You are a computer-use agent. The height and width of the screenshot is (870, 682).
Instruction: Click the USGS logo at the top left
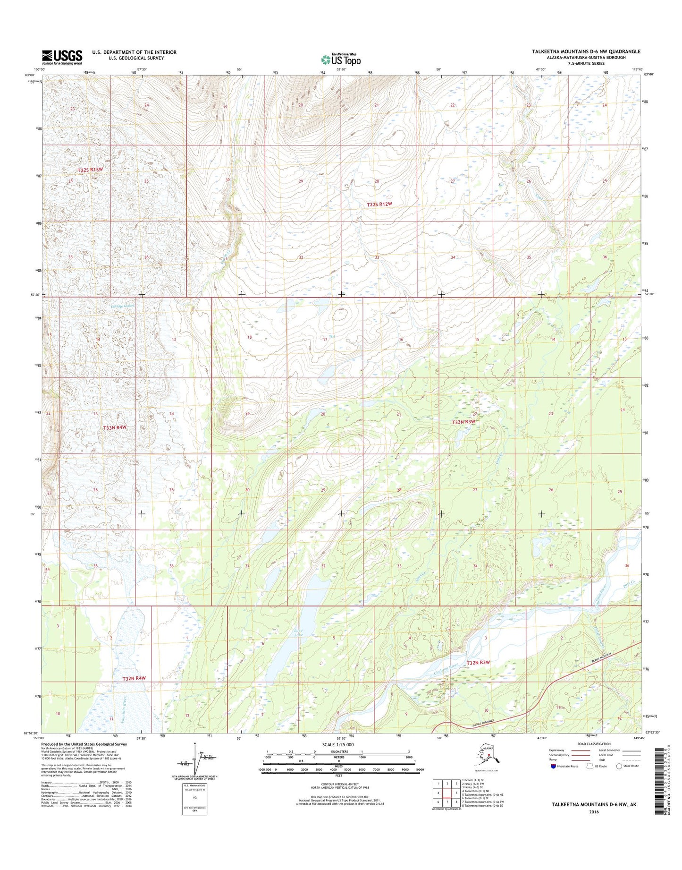click(x=62, y=57)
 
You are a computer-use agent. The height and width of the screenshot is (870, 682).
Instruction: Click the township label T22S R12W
click(x=379, y=204)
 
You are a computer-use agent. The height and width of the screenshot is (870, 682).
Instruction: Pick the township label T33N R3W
click(x=463, y=422)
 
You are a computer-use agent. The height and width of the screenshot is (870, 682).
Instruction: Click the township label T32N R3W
click(x=479, y=663)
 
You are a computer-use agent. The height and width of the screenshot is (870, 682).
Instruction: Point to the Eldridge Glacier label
click(x=120, y=306)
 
